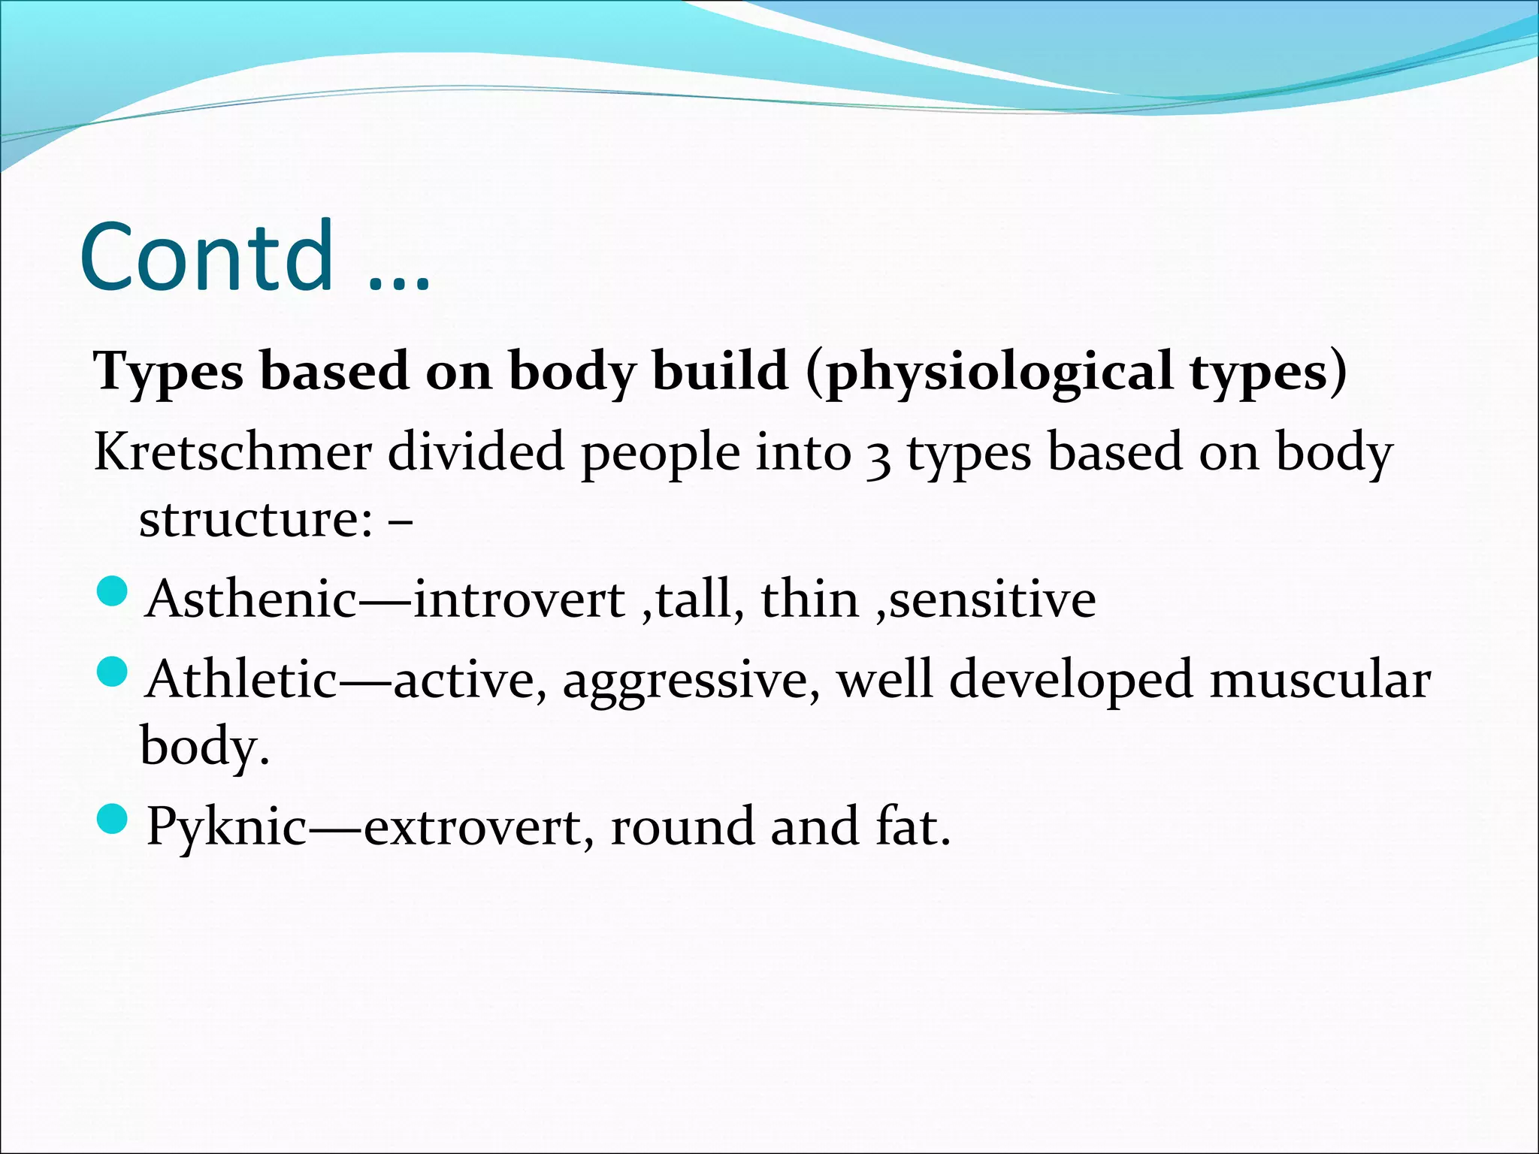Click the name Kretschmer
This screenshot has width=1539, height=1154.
pos(233,453)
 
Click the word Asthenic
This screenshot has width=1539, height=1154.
pos(252,600)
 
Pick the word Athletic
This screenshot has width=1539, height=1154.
pos(242,680)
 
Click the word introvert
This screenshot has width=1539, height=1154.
pos(519,600)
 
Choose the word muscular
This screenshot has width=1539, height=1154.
pos(1320,680)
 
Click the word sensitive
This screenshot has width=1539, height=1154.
pos(992,600)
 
